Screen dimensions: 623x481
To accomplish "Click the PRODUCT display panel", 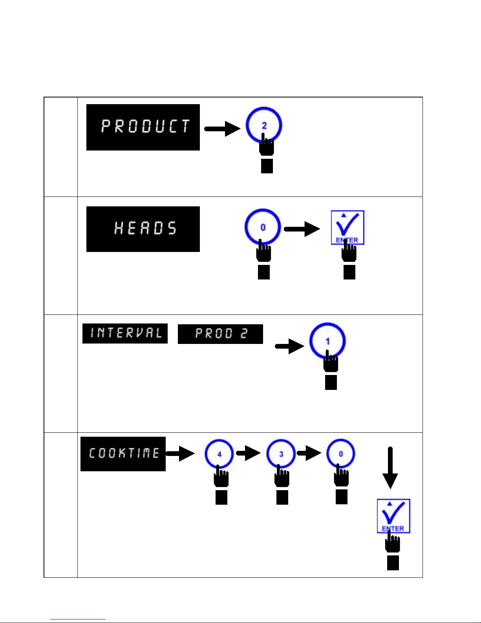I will pos(143,127).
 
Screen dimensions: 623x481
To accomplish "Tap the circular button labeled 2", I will pos(264,125).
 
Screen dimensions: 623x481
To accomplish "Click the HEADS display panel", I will pos(143,229).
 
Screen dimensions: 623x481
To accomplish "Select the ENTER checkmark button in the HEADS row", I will pos(347,227).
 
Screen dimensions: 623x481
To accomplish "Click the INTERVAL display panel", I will pos(125,333).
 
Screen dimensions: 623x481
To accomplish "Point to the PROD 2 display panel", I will pos(220,334).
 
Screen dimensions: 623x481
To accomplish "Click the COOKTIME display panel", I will pos(123,454).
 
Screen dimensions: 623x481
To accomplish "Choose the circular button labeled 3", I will pos(281,454).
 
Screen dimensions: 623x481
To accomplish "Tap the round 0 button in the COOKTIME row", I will pos(340,454).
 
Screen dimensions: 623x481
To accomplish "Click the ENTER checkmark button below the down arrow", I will pos(393,516).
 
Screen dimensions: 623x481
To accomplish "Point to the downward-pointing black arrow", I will pos(390,468).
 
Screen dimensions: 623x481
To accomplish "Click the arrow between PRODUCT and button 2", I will pos(222,129).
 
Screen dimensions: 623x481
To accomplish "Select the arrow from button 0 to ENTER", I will pos(302,229).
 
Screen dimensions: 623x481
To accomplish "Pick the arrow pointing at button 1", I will pos(290,346).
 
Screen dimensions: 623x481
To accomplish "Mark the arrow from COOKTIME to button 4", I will pos(180,453).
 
